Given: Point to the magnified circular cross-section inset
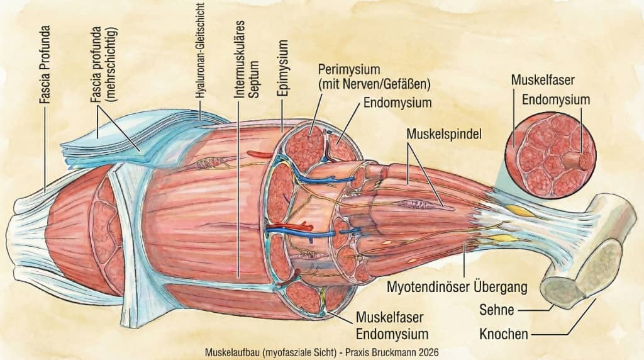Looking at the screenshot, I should [552, 152].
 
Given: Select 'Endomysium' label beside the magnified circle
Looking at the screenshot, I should [556, 99].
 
